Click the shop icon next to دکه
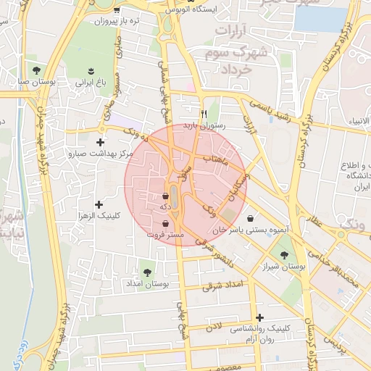[166, 196]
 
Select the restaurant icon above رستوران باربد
[204, 114]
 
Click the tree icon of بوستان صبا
[36, 70]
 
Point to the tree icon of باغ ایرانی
[91, 70]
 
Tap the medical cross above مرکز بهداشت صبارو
[100, 142]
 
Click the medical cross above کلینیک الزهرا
[99, 205]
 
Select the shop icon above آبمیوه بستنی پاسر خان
[250, 218]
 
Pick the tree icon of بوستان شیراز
[283, 254]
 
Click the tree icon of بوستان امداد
[148, 272]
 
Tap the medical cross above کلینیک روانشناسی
[259, 317]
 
